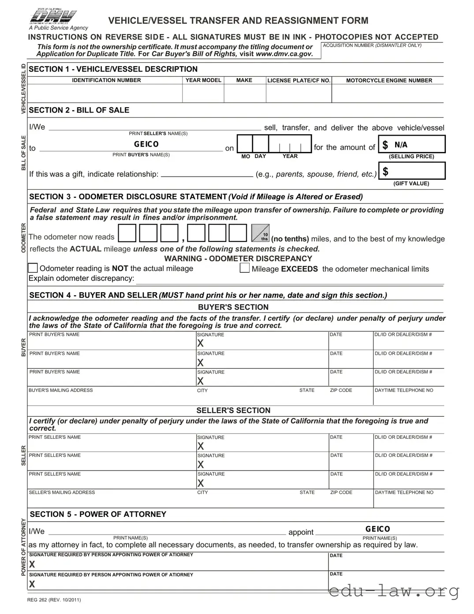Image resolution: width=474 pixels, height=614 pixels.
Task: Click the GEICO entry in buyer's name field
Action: [146, 144]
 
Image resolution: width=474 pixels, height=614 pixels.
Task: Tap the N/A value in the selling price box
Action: [401, 145]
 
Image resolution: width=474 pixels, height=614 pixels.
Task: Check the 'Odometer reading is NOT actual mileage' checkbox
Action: [33, 268]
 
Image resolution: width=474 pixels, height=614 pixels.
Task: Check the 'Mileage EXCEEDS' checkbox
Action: [245, 268]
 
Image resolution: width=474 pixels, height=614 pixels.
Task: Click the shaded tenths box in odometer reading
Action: [260, 233]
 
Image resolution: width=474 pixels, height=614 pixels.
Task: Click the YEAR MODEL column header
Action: [203, 80]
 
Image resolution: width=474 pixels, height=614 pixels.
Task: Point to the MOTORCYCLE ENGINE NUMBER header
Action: [389, 80]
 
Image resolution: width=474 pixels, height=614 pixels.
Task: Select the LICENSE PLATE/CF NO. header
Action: [299, 80]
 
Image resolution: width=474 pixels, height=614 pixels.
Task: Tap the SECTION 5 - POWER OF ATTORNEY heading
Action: [98, 514]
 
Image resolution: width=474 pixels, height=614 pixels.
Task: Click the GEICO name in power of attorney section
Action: [377, 529]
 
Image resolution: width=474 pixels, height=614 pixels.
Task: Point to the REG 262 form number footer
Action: [54, 599]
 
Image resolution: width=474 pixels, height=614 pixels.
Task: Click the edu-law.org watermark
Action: [394, 591]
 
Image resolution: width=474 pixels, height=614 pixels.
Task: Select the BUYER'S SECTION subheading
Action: [233, 307]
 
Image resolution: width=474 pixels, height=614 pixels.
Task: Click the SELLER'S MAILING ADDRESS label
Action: [62, 492]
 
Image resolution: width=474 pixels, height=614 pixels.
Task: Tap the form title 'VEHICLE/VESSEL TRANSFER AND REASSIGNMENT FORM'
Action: [238, 21]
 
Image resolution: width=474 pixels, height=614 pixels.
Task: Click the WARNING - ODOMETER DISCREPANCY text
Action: [238, 259]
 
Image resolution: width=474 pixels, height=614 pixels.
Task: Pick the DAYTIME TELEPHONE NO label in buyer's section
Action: [404, 390]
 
